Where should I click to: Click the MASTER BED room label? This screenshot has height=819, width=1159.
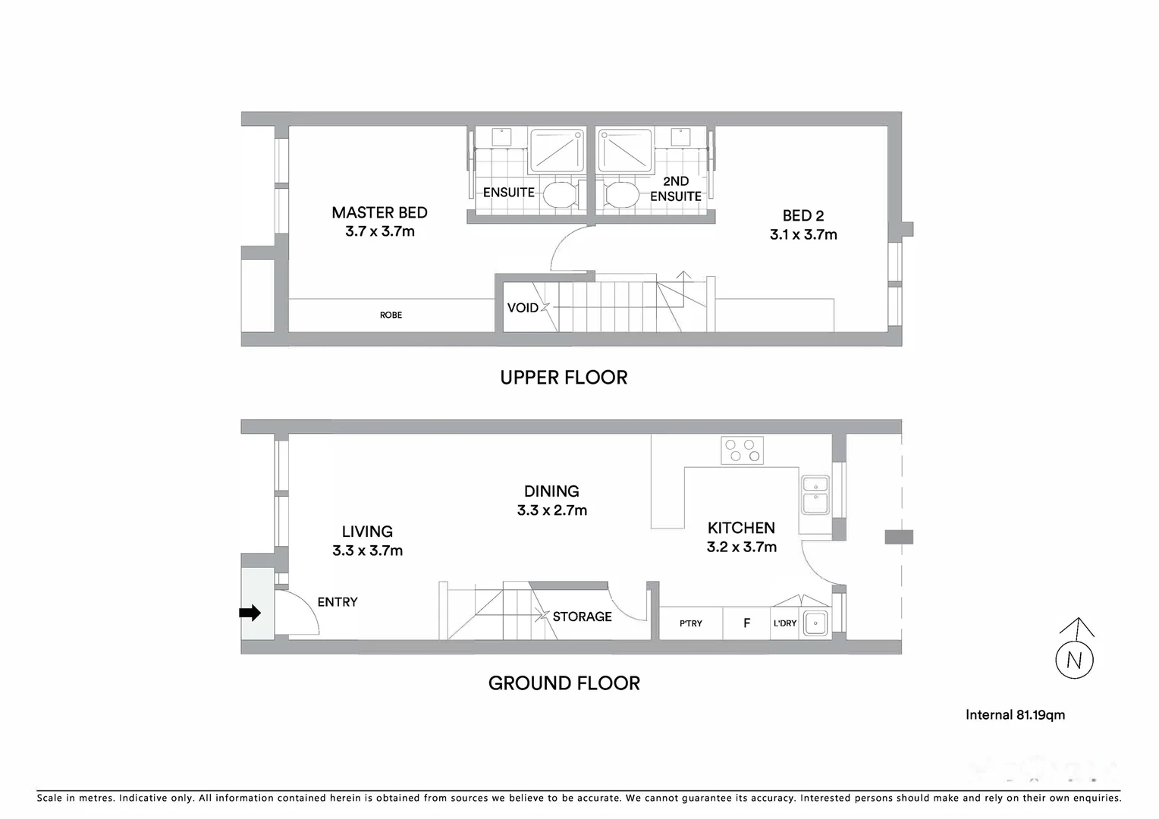coord(379,213)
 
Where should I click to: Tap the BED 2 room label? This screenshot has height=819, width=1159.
coord(803,216)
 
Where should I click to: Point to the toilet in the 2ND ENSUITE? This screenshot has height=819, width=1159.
coord(620,194)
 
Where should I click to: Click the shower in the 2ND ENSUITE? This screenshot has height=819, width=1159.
coord(625,152)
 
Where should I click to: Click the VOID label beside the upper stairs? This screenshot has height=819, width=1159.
coord(523,308)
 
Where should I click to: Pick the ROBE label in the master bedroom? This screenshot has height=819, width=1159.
coord(391,315)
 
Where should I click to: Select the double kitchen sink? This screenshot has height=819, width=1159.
coord(815,494)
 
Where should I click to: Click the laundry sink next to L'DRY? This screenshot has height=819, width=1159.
coord(815,623)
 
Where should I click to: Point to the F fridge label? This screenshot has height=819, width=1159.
coord(746,623)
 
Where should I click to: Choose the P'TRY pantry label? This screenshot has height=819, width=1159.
coord(690,623)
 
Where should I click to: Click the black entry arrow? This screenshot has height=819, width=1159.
coord(250,613)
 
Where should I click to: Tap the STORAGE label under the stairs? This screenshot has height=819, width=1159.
coord(582,617)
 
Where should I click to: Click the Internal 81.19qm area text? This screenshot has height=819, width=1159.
coord(1015,715)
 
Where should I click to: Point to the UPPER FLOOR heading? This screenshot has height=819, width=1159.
coord(564,378)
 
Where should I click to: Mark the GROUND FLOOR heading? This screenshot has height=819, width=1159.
coord(564,683)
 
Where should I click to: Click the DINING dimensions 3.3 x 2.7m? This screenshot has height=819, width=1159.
coord(551,511)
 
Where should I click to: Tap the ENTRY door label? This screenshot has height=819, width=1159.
coord(338,602)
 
